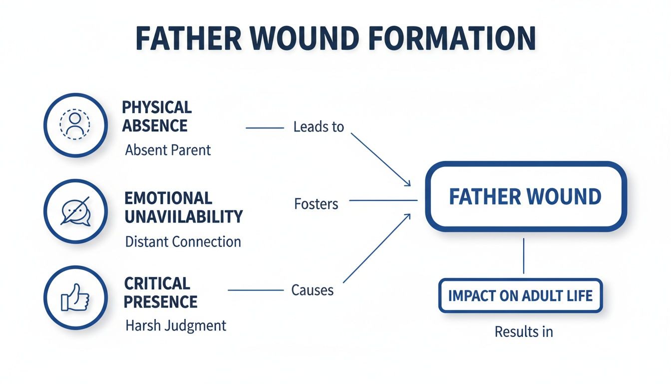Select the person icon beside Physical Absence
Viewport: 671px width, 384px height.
click(75, 124)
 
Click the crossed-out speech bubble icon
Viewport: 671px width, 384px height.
click(75, 210)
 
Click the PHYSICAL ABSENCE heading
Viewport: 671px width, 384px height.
click(157, 116)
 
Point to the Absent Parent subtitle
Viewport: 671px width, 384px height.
click(168, 150)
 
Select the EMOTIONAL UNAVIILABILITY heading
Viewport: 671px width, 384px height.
click(183, 207)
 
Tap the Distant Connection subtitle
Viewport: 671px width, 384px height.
click(183, 242)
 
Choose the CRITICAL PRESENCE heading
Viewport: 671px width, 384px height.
click(160, 292)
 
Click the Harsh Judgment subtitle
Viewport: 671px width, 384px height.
click(176, 326)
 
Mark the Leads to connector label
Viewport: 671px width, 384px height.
click(319, 127)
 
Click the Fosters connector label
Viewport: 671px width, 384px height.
click(316, 204)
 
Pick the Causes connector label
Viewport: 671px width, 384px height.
click(313, 290)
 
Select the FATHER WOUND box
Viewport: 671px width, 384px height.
click(525, 196)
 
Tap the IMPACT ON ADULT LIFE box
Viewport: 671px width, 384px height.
click(520, 295)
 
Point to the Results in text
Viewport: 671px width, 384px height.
click(524, 331)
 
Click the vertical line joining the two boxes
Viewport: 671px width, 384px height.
click(523, 255)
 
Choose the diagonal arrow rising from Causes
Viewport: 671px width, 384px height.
click(377, 247)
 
